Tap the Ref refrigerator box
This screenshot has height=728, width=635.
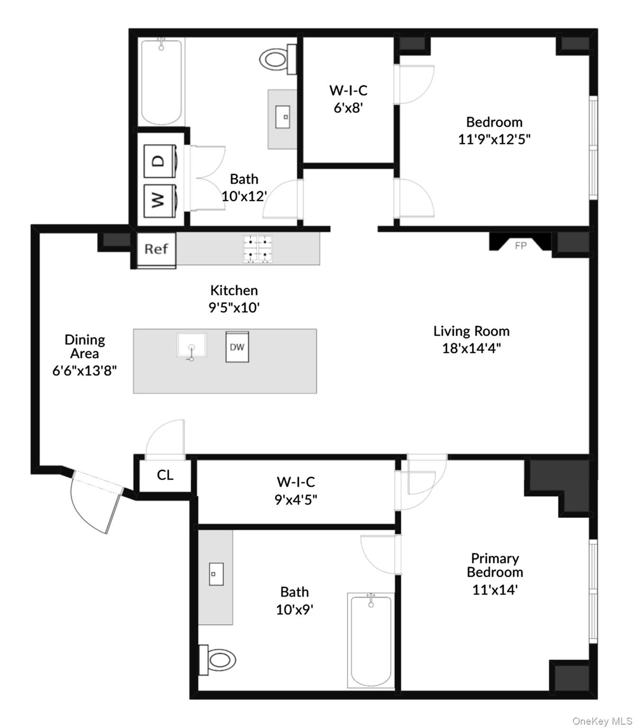[x=156, y=249]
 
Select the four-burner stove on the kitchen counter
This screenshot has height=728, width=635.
[x=258, y=249]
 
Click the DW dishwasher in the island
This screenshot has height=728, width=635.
[x=237, y=347]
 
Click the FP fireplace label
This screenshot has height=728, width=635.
[x=520, y=246]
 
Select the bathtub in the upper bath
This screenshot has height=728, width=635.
[x=162, y=82]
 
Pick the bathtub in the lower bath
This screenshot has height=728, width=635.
[x=371, y=640]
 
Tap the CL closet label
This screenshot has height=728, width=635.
[x=165, y=475]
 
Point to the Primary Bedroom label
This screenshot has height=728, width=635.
[x=495, y=565]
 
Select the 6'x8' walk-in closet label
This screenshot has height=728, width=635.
[x=348, y=99]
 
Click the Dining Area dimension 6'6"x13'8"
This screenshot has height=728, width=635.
[x=84, y=370]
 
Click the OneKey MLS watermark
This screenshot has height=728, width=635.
[x=602, y=721]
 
